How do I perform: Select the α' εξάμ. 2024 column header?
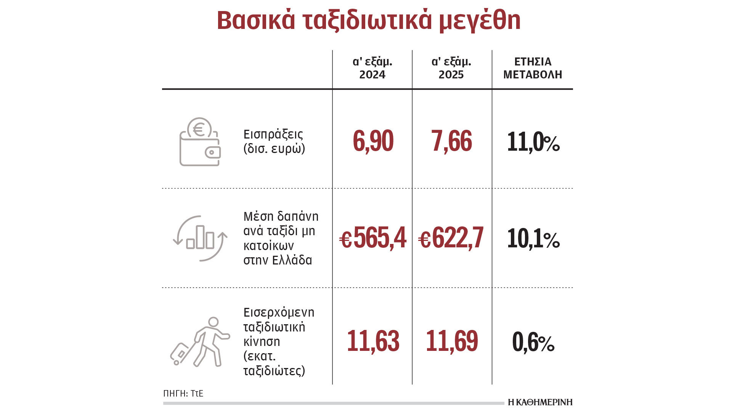(372, 68)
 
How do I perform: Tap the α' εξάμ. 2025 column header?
(451, 68)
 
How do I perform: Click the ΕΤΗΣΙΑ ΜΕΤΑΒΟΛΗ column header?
(533, 68)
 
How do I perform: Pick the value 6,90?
(373, 141)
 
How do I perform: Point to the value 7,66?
(451, 141)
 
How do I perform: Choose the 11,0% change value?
(533, 142)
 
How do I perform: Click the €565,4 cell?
(372, 238)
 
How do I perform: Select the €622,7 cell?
(451, 238)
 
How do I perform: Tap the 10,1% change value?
(533, 239)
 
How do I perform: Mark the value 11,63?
(373, 341)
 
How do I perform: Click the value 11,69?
(451, 341)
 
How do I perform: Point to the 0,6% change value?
(533, 342)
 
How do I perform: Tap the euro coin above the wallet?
(199, 128)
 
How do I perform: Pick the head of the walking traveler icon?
(213, 322)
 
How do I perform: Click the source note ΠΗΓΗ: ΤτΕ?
(183, 393)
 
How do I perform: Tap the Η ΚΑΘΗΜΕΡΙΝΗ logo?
(540, 402)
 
